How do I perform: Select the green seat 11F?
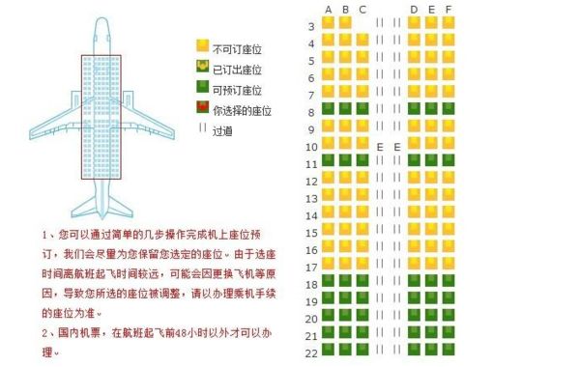point(449,160)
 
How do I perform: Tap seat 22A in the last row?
point(328,350)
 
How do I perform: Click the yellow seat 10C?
point(362,144)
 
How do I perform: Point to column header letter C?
point(362,10)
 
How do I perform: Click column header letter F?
point(449,10)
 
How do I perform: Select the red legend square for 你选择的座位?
point(203,107)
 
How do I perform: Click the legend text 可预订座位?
point(236,89)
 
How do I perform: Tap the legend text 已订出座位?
point(236,69)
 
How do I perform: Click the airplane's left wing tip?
point(31,134)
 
